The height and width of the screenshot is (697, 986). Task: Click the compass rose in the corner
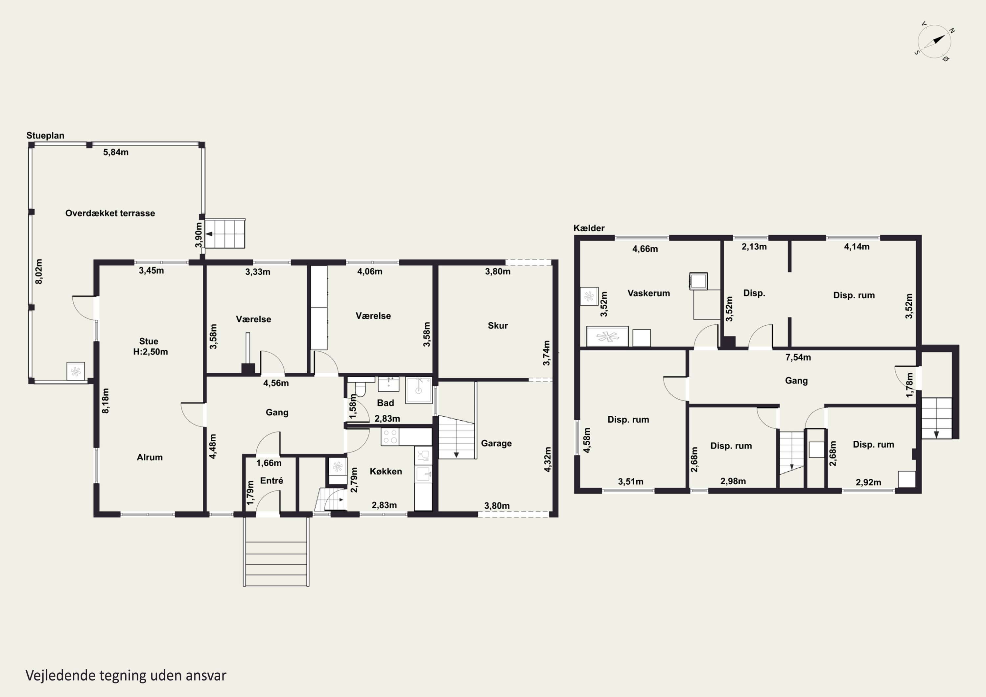tap(934, 42)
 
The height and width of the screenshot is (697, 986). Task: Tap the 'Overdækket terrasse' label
tap(110, 213)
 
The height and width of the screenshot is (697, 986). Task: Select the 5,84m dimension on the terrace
tap(115, 152)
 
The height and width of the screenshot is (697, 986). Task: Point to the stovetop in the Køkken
tap(390, 437)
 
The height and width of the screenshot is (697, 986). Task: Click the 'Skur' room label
tap(498, 326)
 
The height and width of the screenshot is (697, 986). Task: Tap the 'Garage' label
tap(496, 443)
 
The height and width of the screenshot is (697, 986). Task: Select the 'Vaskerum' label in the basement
tap(648, 293)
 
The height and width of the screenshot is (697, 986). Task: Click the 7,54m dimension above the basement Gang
tap(798, 357)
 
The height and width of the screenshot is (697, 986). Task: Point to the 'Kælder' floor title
tap(589, 228)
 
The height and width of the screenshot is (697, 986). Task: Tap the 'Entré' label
tap(271, 480)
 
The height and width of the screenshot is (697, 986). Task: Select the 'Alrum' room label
tap(150, 457)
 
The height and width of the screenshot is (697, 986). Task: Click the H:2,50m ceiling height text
tap(150, 352)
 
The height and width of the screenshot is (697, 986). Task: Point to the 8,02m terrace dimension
tap(39, 271)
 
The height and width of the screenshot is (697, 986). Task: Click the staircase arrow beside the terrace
tap(210, 234)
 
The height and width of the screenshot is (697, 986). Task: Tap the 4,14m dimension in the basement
tap(857, 247)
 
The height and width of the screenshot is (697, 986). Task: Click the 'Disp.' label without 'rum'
tap(754, 293)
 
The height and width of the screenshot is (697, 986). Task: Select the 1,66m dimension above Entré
tap(269, 463)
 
